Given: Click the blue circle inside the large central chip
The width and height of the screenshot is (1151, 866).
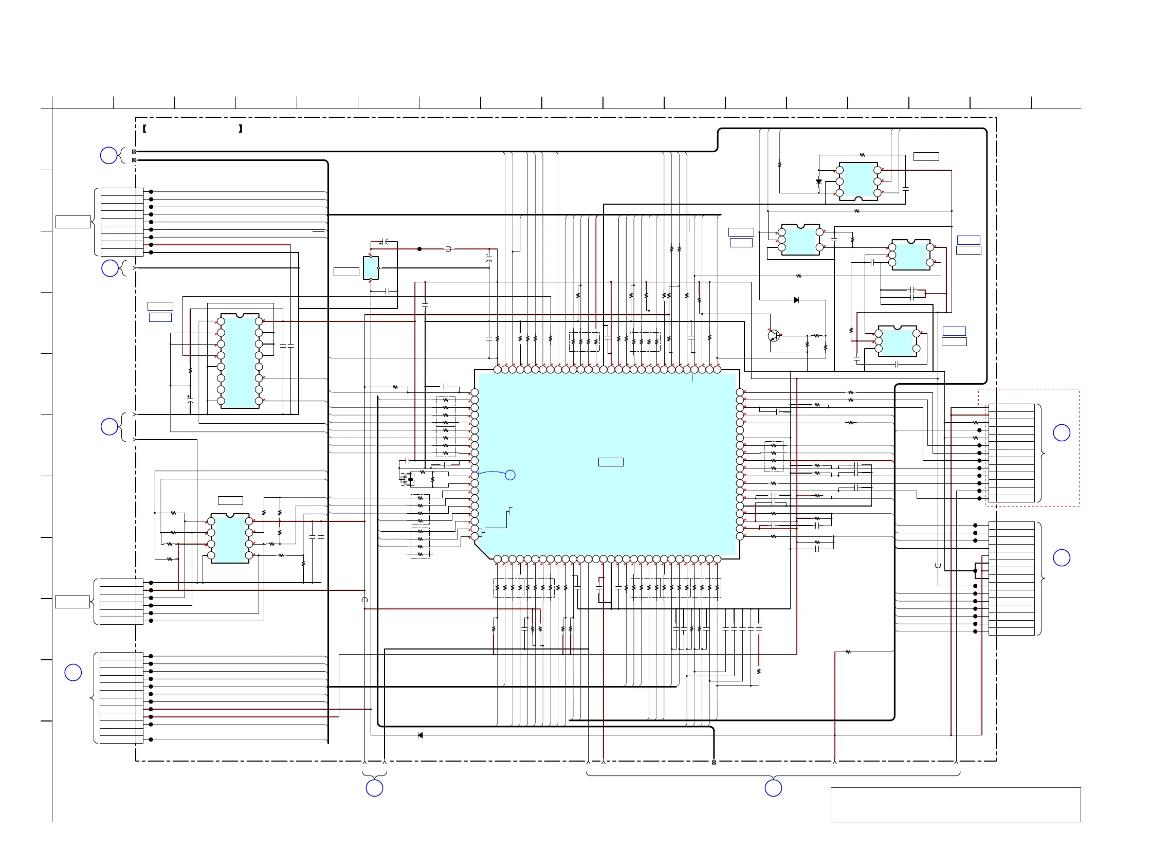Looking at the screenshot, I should [510, 475].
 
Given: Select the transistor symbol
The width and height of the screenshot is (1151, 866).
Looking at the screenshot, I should [774, 336].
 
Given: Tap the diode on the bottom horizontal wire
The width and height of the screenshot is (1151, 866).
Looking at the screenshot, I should [421, 735].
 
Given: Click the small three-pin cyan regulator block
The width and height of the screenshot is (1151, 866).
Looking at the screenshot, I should [371, 268].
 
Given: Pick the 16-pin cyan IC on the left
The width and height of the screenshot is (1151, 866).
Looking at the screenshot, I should [240, 360].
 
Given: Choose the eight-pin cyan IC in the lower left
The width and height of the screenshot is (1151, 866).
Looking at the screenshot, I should [229, 538].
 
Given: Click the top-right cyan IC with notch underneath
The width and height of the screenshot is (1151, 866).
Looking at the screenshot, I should [858, 181].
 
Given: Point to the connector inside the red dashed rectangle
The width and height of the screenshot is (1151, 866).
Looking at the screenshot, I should [1011, 453].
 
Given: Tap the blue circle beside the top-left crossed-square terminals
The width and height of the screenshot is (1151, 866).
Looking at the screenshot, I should [108, 155].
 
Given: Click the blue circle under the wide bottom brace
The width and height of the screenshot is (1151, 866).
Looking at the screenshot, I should [773, 788].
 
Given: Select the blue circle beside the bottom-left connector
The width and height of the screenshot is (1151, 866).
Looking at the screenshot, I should [73, 673].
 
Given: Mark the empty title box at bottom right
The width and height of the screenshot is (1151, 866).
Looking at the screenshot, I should [955, 805].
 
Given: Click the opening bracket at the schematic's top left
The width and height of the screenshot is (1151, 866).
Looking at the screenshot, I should [144, 129].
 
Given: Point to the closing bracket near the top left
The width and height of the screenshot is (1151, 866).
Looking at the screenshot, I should [241, 129].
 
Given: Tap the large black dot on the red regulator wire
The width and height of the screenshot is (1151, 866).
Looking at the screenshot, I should [419, 249].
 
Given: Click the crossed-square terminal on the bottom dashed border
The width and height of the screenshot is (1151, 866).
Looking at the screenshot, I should [714, 762].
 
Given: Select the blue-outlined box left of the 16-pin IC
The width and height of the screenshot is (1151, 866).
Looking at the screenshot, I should [160, 317].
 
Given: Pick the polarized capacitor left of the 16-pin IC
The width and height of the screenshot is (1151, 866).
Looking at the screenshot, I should [190, 399].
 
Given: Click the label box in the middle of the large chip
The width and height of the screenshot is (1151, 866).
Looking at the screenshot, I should [610, 462].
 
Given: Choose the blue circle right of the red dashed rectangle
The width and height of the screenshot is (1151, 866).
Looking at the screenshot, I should [1062, 432].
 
